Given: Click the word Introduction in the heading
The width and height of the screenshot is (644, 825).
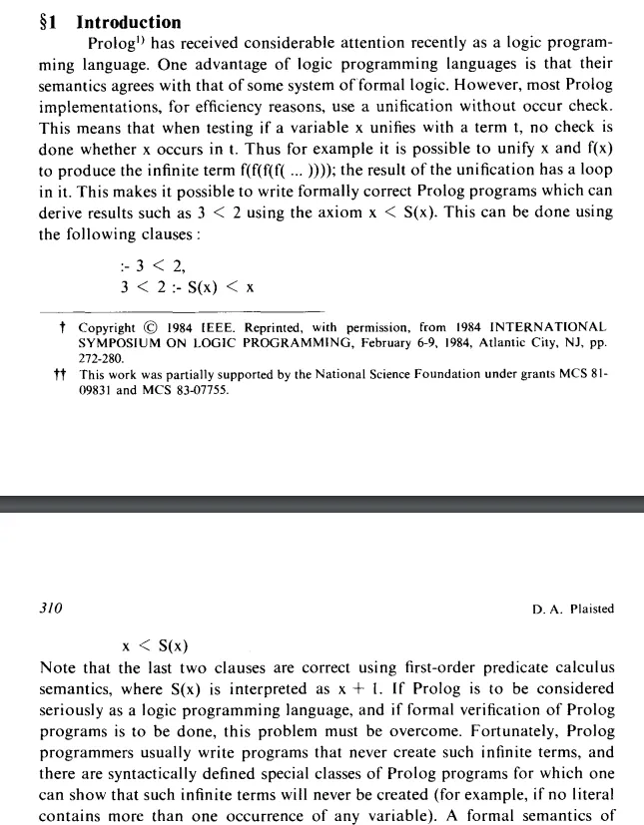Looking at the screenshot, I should click(x=129, y=22).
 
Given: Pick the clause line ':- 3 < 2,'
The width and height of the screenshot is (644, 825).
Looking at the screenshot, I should click(x=152, y=265).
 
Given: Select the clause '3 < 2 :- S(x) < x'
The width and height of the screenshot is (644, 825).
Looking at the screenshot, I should click(x=187, y=286).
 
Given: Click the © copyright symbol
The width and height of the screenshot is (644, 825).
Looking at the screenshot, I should click(x=148, y=327).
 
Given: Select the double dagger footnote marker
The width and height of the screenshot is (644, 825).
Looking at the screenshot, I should click(x=59, y=375).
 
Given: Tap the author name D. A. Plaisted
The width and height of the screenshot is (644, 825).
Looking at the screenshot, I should click(x=574, y=609).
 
